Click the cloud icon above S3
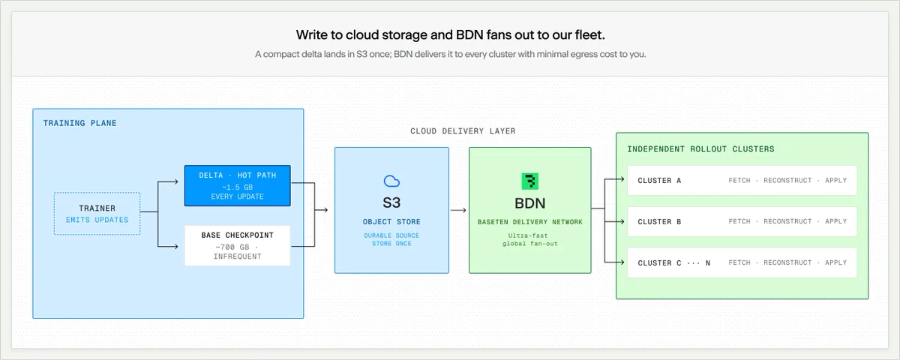click(391, 181)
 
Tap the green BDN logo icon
click(530, 181)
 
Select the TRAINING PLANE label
click(80, 123)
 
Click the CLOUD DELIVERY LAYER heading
click(463, 131)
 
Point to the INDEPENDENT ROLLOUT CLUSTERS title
click(700, 149)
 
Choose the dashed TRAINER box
click(97, 213)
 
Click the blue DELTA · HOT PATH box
click(238, 186)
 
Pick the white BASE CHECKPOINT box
click(238, 245)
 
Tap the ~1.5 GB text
click(238, 187)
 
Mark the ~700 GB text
click(232, 247)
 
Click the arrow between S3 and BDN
click(458, 210)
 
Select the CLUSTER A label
click(659, 181)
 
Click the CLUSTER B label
click(659, 222)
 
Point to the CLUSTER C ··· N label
click(673, 263)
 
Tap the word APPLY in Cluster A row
click(835, 181)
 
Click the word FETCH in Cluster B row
click(739, 221)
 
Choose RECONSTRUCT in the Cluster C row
click(787, 262)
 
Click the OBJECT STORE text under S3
click(391, 222)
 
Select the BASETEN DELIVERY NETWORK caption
click(530, 222)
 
